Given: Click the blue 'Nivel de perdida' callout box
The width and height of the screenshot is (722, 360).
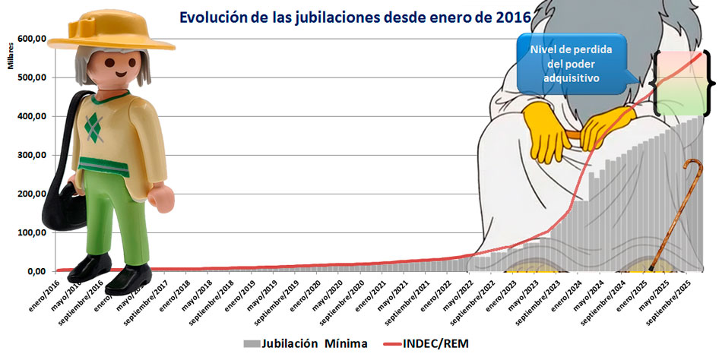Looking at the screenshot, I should tap(575, 63).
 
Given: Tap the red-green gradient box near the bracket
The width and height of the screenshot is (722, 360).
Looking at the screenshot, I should tap(678, 83).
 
